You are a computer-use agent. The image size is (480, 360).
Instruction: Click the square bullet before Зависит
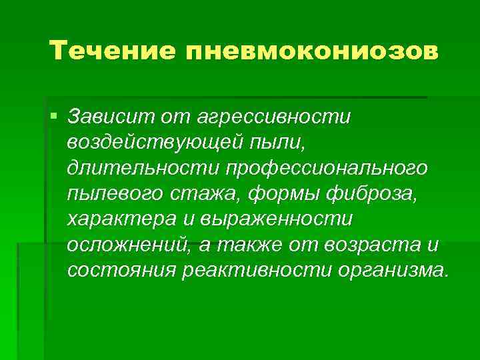53,117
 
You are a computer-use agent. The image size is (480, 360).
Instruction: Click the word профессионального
328,169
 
